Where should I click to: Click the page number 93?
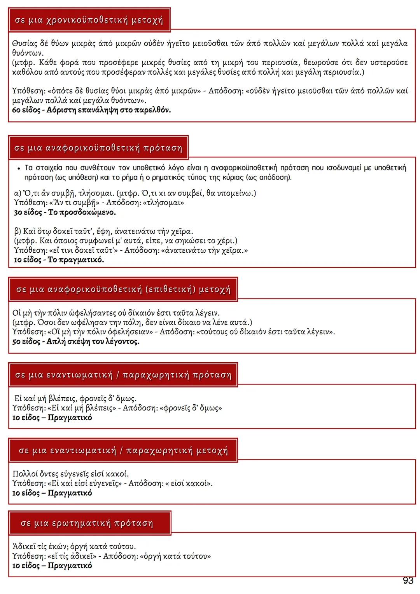(x=408, y=581)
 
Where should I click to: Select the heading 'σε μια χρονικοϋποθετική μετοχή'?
(x=89, y=20)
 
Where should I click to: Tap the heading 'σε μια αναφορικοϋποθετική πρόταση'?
(x=98, y=148)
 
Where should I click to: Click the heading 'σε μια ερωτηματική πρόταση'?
(x=87, y=523)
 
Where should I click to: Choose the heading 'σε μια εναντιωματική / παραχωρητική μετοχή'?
(x=123, y=451)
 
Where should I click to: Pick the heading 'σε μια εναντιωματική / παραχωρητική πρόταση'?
(x=123, y=375)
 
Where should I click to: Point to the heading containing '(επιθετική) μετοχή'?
(x=123, y=290)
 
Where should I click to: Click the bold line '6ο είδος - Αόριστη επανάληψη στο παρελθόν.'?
(x=92, y=110)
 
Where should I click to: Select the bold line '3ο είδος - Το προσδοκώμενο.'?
(x=65, y=213)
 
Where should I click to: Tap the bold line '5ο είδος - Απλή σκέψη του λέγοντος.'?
(x=76, y=342)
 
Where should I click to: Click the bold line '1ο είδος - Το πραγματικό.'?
(x=59, y=260)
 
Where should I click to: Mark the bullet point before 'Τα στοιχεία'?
(x=19, y=168)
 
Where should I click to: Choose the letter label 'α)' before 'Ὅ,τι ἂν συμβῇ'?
(x=18, y=193)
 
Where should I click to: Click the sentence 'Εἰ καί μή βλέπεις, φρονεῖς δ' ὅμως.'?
(x=75, y=398)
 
